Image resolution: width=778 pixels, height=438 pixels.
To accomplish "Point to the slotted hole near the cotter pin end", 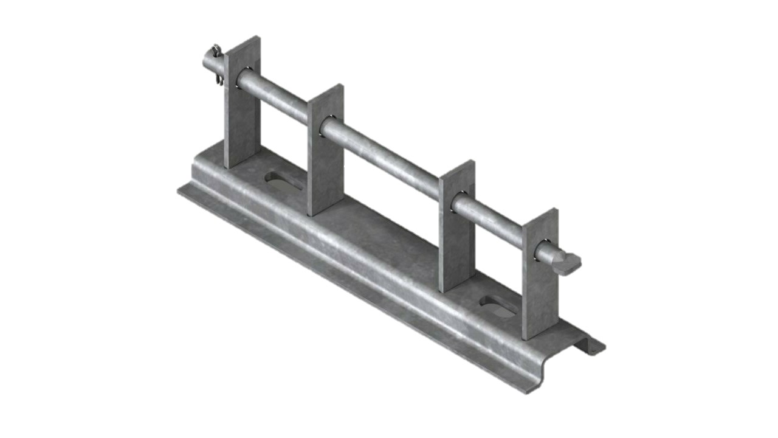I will (x=281, y=180).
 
